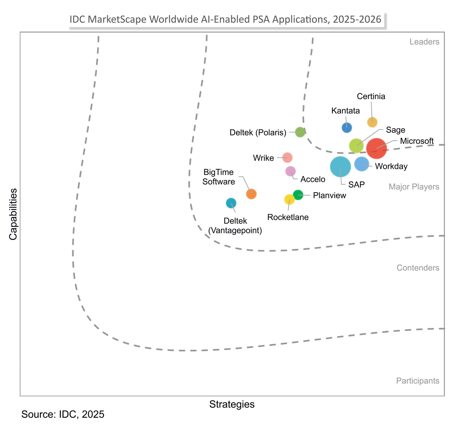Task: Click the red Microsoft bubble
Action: point(376,148)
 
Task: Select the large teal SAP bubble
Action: point(340,167)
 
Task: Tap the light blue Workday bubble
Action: point(361,164)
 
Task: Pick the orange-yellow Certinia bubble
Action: point(372,122)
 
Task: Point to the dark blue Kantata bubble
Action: point(347,127)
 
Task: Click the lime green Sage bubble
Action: point(356,146)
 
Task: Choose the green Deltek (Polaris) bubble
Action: point(300,132)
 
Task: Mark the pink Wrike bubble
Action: point(287,158)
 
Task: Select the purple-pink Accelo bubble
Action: point(290,171)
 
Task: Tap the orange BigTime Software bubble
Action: point(251,194)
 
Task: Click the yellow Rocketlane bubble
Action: point(289,199)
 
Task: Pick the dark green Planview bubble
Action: point(298,195)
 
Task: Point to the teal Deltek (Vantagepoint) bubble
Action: point(231,203)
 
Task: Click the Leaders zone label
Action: point(424,42)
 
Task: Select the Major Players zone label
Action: point(414,187)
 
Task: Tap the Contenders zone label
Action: point(418,267)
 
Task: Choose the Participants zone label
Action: point(417,380)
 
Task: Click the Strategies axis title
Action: point(232,404)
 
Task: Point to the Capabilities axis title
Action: point(13,214)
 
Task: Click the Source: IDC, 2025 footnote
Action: point(63,414)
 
